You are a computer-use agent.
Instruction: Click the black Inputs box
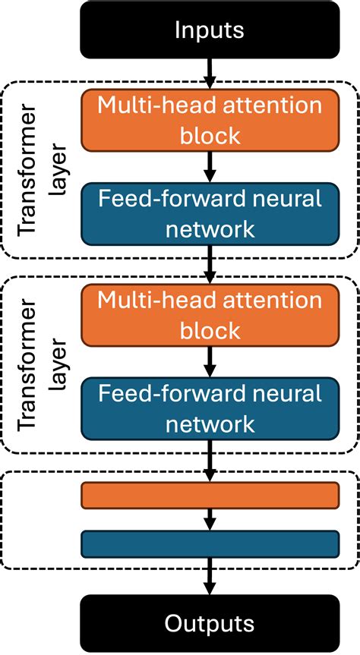pos(209,30)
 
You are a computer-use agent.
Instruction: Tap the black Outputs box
pos(209,623)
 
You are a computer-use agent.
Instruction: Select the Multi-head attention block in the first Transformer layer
pos(209,121)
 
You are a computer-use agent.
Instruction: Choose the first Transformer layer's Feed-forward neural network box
pos(209,213)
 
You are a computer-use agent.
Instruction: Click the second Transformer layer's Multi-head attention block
pos(209,315)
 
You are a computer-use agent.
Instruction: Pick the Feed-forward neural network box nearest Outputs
pos(209,408)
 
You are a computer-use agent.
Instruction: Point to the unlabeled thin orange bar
pos(209,495)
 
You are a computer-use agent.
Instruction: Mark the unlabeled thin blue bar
pos(209,543)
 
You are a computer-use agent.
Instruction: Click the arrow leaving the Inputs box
pos(209,74)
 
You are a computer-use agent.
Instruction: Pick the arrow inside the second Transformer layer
pos(209,361)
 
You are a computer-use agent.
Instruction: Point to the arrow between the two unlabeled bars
pos(209,519)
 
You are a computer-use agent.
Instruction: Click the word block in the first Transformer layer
pos(209,136)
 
